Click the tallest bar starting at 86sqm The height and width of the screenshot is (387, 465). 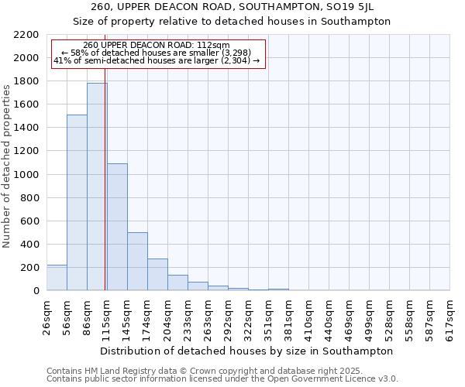click(x=97, y=187)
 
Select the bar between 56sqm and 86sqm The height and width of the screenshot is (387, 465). click(x=77, y=203)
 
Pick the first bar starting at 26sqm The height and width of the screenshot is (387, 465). click(x=57, y=277)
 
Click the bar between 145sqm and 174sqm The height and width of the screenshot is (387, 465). click(x=137, y=262)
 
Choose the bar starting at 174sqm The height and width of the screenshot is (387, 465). click(x=157, y=275)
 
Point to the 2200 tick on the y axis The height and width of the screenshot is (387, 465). click(x=26, y=35)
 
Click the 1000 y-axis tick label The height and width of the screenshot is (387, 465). click(x=26, y=175)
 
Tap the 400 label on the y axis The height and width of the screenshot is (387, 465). click(x=29, y=245)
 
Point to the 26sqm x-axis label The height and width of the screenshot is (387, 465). click(x=46, y=317)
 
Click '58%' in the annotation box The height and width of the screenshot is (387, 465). click(x=90, y=53)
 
